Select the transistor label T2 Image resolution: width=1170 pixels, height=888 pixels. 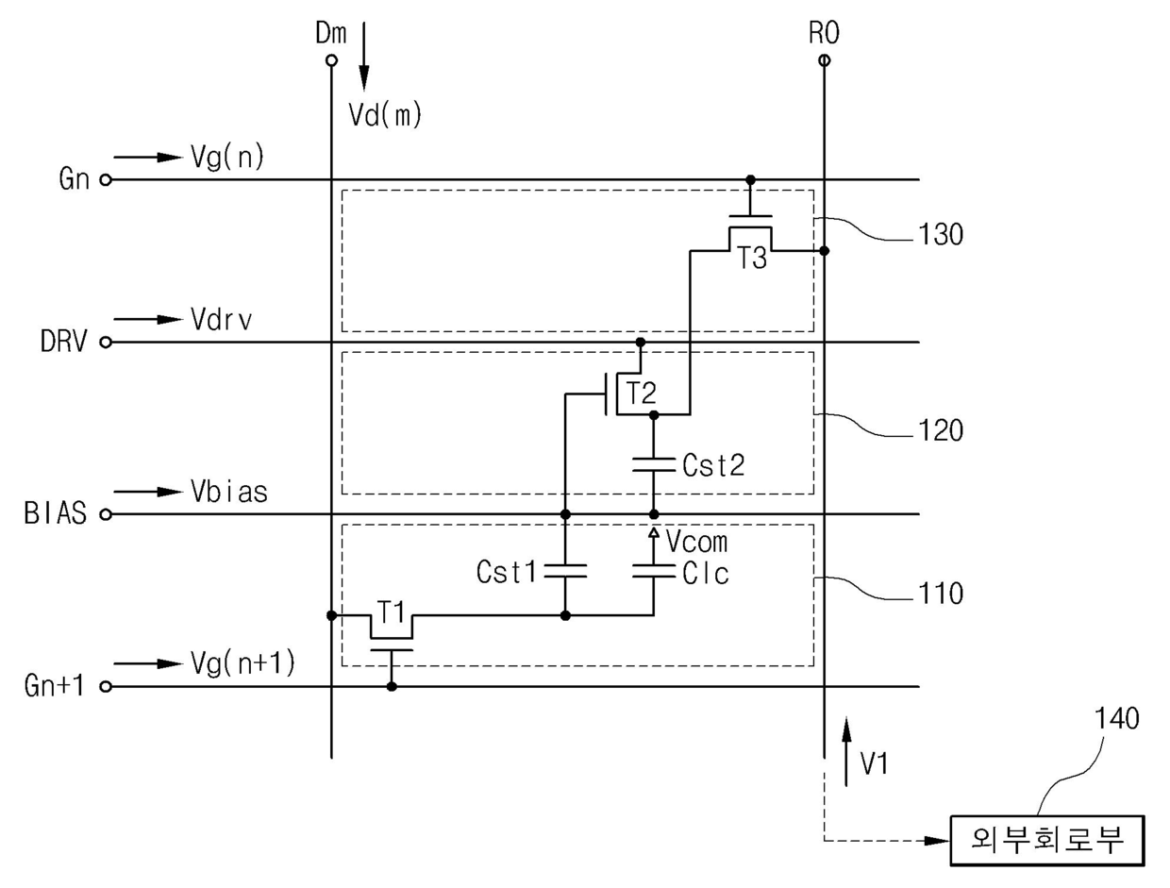[x=642, y=394]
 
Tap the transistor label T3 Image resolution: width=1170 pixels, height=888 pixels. [x=752, y=258]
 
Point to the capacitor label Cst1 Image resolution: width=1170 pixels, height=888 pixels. [x=506, y=572]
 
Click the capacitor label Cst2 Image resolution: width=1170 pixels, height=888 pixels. [x=713, y=465]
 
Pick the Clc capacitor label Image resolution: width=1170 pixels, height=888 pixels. [x=705, y=574]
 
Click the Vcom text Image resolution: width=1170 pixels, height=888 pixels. [x=696, y=542]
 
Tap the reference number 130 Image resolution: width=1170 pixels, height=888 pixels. [x=941, y=235]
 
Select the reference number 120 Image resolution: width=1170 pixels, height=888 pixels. [x=941, y=430]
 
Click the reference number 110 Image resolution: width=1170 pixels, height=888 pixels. [x=941, y=594]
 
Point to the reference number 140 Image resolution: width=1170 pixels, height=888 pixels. [x=1117, y=718]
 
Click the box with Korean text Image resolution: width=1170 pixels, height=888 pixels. [x=1047, y=841]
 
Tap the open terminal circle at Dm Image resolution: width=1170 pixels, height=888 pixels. [x=331, y=60]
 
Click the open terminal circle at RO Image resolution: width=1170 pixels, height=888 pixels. [x=824, y=60]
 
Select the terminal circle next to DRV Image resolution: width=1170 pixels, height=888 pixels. [x=106, y=343]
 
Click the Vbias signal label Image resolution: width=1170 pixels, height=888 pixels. [x=229, y=492]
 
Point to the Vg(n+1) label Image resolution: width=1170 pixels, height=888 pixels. [x=243, y=664]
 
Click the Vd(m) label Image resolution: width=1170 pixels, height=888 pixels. [x=385, y=114]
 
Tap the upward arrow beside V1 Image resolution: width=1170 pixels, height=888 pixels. [x=846, y=751]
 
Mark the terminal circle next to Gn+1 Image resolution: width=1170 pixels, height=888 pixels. [x=106, y=686]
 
